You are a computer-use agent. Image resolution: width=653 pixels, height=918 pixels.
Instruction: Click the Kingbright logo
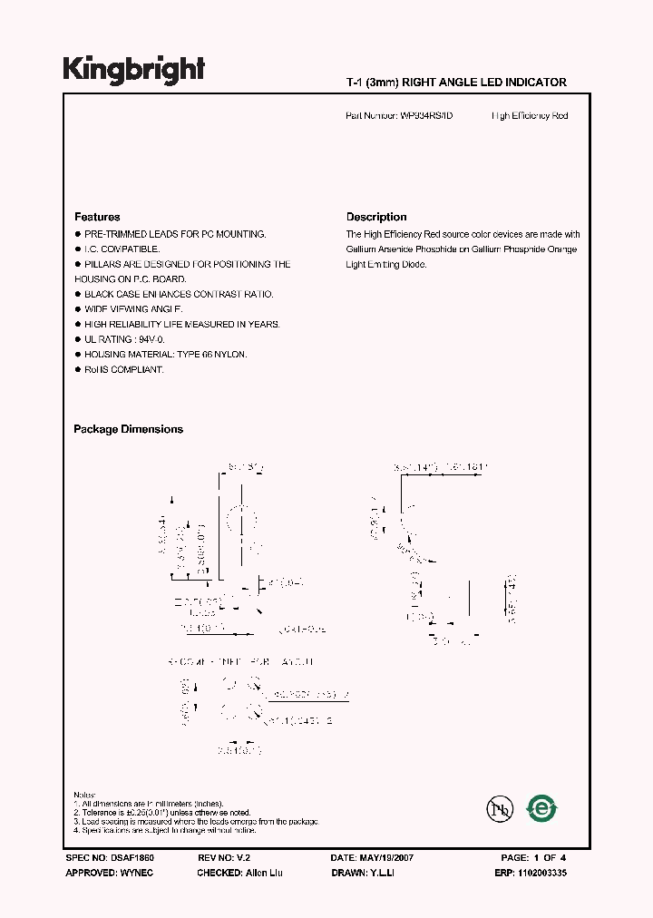click(133, 70)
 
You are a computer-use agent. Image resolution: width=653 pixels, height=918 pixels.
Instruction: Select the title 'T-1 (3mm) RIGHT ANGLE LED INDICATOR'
click(456, 83)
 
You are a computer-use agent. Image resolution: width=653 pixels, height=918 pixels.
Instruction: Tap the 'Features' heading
click(97, 217)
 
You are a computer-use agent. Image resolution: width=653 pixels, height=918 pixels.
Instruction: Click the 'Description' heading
click(376, 217)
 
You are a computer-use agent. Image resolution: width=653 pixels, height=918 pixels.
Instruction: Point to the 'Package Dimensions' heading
click(128, 429)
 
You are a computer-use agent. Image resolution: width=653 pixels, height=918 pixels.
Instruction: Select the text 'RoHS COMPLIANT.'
click(124, 370)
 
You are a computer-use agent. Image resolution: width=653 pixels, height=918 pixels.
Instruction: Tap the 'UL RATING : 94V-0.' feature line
click(122, 339)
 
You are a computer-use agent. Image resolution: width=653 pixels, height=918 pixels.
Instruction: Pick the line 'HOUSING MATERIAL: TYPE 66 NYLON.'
click(165, 355)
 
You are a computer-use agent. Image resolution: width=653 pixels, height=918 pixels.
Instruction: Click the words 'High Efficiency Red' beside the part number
click(530, 116)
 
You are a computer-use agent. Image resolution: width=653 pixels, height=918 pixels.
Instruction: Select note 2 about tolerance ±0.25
click(162, 813)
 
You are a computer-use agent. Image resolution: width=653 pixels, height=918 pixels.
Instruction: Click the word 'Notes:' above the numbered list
click(84, 796)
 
